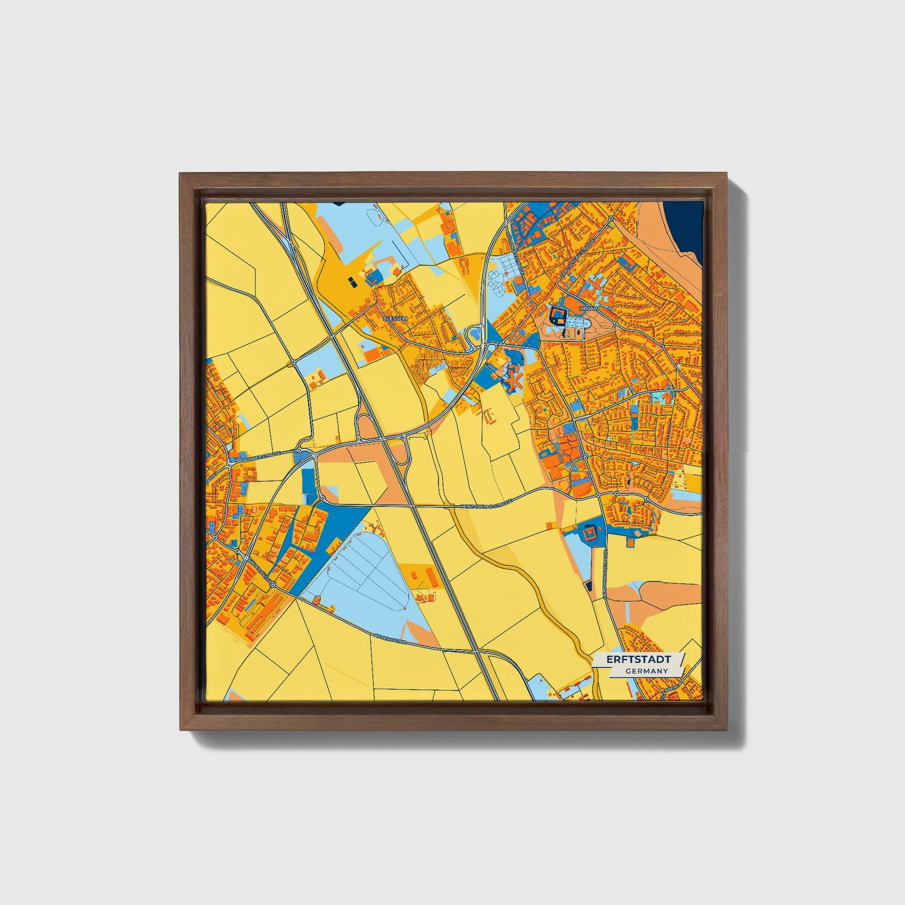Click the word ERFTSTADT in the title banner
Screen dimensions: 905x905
click(638, 659)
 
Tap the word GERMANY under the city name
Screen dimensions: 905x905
click(646, 671)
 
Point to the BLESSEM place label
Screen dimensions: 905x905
click(395, 318)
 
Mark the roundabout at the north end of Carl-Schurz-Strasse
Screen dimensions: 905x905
click(611, 219)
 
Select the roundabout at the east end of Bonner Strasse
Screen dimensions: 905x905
click(301, 450)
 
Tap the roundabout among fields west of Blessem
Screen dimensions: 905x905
click(293, 362)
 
